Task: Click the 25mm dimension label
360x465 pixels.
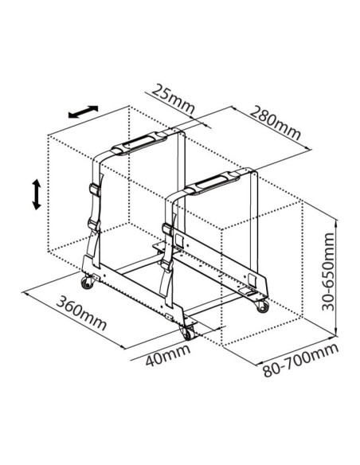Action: click(x=173, y=99)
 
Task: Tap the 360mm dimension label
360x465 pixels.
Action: click(x=81, y=313)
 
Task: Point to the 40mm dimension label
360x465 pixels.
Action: click(x=168, y=354)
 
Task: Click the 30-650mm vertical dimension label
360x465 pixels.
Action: click(x=328, y=272)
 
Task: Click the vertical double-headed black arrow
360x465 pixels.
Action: click(x=36, y=194)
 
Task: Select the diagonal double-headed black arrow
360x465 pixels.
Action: click(x=83, y=111)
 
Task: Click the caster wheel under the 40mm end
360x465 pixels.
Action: click(x=187, y=333)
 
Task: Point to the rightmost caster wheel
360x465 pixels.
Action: click(x=263, y=306)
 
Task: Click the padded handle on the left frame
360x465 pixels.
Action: click(x=139, y=143)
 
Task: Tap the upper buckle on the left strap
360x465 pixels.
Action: click(x=95, y=190)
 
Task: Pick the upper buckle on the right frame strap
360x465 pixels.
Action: click(x=167, y=230)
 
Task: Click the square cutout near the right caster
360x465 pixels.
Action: click(x=252, y=280)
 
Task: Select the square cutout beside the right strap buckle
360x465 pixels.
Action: click(x=179, y=240)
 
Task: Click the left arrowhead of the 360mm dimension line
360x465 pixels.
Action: click(x=25, y=294)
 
